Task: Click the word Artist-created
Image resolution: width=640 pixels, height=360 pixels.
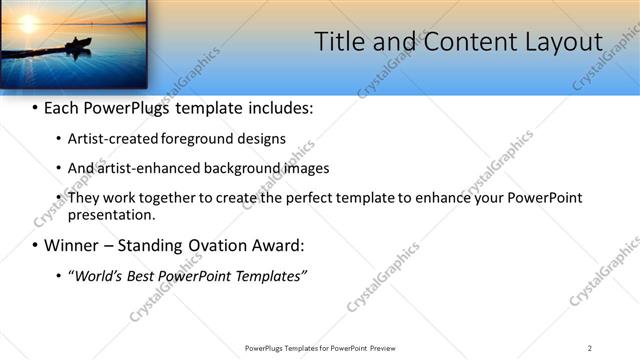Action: click(x=109, y=138)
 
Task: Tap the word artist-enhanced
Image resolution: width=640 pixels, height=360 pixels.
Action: click(x=139, y=168)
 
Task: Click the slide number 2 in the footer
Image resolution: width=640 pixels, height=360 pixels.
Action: click(x=589, y=347)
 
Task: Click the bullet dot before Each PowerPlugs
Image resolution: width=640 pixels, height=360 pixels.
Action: click(x=36, y=108)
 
